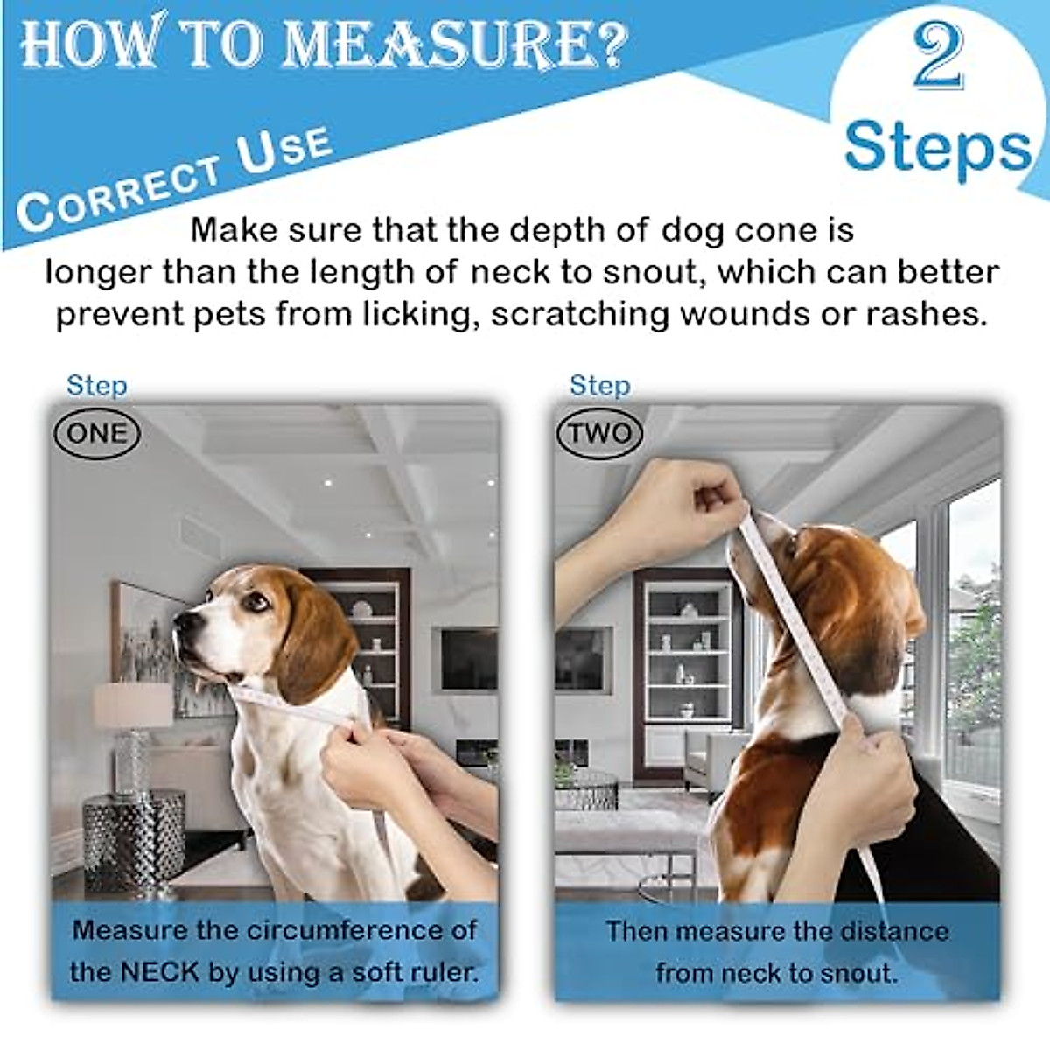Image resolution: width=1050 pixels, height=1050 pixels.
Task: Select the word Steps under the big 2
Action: click(x=936, y=146)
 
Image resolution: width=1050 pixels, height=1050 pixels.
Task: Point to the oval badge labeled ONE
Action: click(x=97, y=434)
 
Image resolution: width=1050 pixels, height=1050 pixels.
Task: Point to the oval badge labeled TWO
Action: click(x=600, y=434)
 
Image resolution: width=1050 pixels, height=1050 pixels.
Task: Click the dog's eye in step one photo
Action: click(x=254, y=601)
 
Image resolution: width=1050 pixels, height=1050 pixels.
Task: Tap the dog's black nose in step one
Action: click(x=182, y=623)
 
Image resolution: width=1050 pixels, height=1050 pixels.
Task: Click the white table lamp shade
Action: click(x=132, y=705)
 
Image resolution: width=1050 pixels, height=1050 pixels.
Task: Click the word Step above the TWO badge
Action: click(x=599, y=385)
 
